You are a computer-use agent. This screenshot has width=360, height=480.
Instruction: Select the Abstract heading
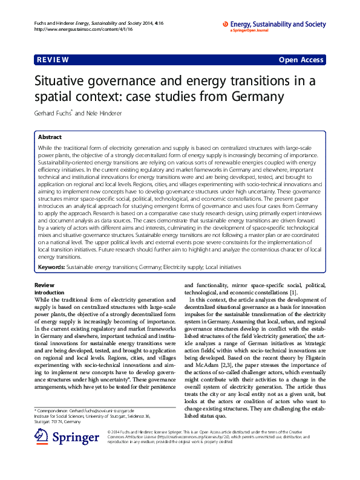point(50,137)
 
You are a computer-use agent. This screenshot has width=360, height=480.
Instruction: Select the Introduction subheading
point(52,292)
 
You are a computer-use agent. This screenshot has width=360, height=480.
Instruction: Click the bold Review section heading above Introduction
point(44,285)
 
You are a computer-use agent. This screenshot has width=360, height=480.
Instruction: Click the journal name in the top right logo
point(278,24)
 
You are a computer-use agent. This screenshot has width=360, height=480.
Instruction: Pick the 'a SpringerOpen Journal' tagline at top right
point(249,31)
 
